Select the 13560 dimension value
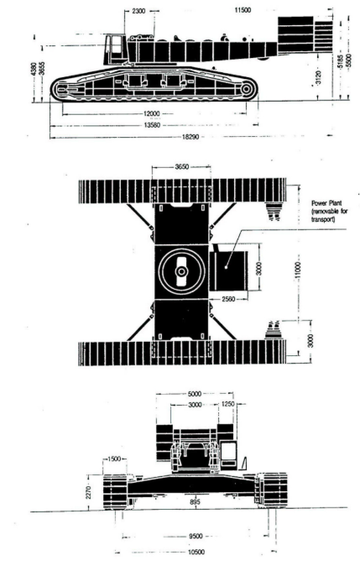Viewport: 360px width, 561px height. tap(152, 125)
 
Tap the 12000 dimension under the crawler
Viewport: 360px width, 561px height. tap(152, 113)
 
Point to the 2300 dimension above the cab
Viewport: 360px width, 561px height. tap(138, 11)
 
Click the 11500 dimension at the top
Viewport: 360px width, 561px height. tap(243, 10)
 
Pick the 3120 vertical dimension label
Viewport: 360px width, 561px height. tap(319, 77)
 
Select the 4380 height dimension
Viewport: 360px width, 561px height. tap(34, 70)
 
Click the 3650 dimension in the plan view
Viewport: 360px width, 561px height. tap(181, 167)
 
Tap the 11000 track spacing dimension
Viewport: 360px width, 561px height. tap(298, 272)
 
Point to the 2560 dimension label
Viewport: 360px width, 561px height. tap(228, 299)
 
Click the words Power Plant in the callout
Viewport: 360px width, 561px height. tap(326, 203)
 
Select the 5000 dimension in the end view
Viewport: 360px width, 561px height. tap(195, 394)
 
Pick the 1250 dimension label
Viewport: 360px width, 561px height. tap(227, 404)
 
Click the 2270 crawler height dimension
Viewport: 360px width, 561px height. tap(89, 491)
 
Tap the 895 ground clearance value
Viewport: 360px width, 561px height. tap(196, 501)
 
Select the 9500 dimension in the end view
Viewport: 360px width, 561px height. tap(196, 536)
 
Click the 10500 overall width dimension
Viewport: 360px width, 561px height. tap(196, 552)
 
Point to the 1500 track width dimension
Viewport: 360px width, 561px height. tap(113, 459)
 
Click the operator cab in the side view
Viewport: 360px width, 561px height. tap(114, 50)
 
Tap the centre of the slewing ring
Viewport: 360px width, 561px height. tap(181, 272)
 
